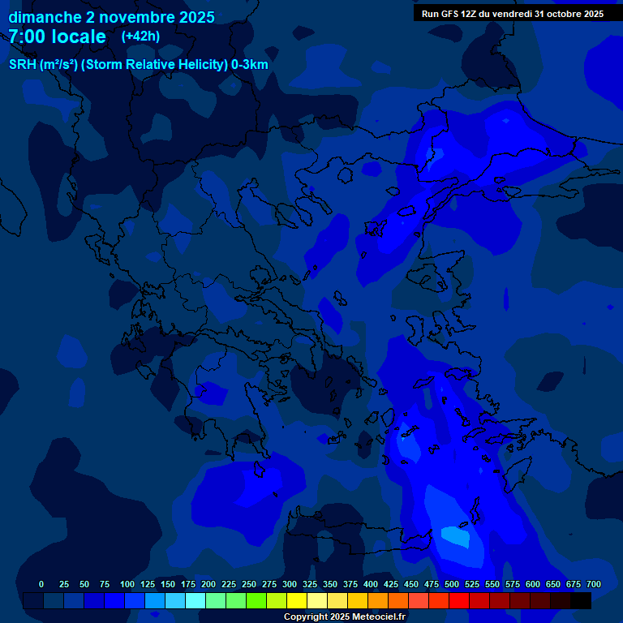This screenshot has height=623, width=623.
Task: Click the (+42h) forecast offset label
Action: pos(140,36)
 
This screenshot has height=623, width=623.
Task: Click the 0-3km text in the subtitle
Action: pos(250,65)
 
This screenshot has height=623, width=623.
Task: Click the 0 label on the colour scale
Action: pos(41,584)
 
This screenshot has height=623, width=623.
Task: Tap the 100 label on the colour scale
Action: pos(127,584)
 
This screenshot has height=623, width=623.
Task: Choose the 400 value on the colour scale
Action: pos(371,584)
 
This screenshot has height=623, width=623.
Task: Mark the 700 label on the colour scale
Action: pos(594,584)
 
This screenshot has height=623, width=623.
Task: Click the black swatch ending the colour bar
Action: pos(581,600)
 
